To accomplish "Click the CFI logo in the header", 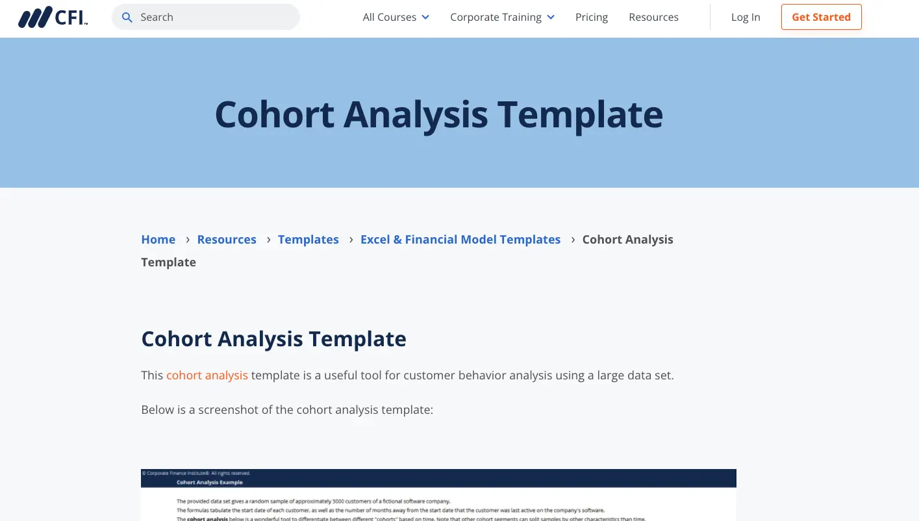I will [x=53, y=18].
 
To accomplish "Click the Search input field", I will [x=214, y=18].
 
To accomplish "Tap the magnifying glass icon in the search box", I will [x=127, y=18].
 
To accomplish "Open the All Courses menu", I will [x=389, y=18].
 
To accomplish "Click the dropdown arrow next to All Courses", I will [x=425, y=18].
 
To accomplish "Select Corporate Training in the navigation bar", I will [x=496, y=18].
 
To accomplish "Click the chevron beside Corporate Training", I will [x=551, y=18].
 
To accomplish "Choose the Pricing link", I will [x=592, y=18].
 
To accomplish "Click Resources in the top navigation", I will [x=653, y=18].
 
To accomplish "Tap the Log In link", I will [x=746, y=18].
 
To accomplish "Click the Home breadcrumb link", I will [x=158, y=240].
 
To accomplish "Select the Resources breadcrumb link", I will [x=227, y=240].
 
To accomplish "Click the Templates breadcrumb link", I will [x=308, y=240].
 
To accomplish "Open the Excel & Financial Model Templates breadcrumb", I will [x=460, y=240].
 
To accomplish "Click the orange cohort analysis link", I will [x=207, y=375].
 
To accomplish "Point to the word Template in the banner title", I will [x=580, y=114].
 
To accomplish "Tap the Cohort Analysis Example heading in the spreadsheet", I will [x=210, y=483].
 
